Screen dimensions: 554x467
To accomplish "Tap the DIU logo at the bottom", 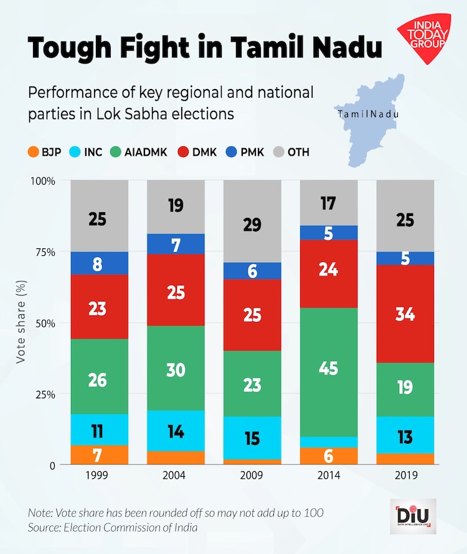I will click(413, 516).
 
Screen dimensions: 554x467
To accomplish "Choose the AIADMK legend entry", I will click(138, 151).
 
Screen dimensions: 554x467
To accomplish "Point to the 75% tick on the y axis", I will click(45, 252).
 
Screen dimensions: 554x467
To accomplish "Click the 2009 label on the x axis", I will click(252, 477).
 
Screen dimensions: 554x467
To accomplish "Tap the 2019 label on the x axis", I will click(405, 477).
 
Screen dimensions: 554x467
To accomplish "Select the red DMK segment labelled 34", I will click(405, 314).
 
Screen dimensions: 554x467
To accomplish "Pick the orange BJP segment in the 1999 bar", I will click(100, 455).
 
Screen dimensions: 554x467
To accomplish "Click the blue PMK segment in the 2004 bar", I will click(176, 244).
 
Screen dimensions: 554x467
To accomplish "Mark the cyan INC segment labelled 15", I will click(252, 438).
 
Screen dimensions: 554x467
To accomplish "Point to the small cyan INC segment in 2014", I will click(329, 442).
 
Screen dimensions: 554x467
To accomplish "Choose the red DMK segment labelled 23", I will click(100, 309).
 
